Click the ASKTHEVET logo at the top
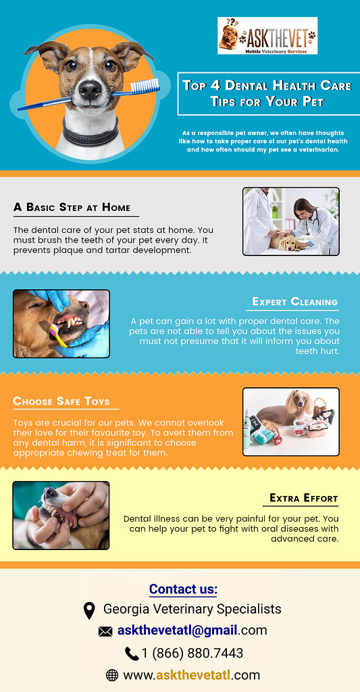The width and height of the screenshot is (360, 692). [x=267, y=36]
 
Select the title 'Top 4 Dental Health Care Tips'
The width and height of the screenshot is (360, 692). [x=267, y=93]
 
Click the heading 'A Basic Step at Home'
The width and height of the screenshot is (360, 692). [x=72, y=207]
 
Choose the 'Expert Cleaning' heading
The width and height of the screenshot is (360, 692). [x=294, y=301]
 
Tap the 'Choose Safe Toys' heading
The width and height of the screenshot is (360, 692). [x=61, y=401]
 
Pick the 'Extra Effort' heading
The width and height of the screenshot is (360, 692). [x=303, y=498]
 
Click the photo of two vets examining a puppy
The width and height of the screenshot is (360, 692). [x=290, y=221]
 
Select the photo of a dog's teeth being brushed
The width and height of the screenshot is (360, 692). [x=61, y=323]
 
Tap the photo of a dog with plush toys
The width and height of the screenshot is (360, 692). [x=290, y=422]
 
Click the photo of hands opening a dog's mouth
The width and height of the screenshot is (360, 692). [x=61, y=515]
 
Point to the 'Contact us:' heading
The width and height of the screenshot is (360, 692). [x=183, y=589]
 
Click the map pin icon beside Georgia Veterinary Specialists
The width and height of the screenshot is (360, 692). [x=88, y=610]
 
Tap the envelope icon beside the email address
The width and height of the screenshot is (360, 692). [x=105, y=632]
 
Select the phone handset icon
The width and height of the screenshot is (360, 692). [x=132, y=653]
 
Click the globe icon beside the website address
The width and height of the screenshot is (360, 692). [x=112, y=675]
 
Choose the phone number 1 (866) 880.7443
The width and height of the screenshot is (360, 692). [x=192, y=653]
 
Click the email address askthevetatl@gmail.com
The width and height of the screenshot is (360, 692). [x=192, y=631]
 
